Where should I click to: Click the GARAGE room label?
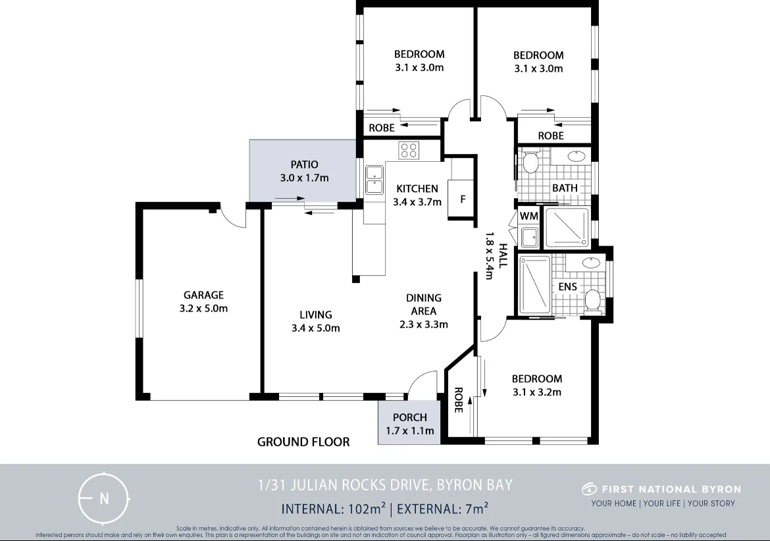203,296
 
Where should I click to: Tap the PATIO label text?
304,165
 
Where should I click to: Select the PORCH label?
409,417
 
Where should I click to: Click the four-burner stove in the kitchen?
409,150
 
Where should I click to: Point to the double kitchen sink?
374,180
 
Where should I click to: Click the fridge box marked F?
462,199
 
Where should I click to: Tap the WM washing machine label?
528,216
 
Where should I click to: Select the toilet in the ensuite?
592,300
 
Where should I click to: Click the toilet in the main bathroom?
530,161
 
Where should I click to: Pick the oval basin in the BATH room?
577,157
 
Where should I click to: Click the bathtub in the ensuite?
535,286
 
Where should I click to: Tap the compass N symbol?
103,498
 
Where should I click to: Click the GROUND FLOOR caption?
303,442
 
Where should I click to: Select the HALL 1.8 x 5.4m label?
496,255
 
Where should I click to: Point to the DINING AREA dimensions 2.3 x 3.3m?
423,324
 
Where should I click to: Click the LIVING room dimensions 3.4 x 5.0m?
315,328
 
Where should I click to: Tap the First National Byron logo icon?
589,489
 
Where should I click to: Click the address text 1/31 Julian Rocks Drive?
385,486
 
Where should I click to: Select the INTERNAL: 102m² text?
333,508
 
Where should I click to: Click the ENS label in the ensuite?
567,286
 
